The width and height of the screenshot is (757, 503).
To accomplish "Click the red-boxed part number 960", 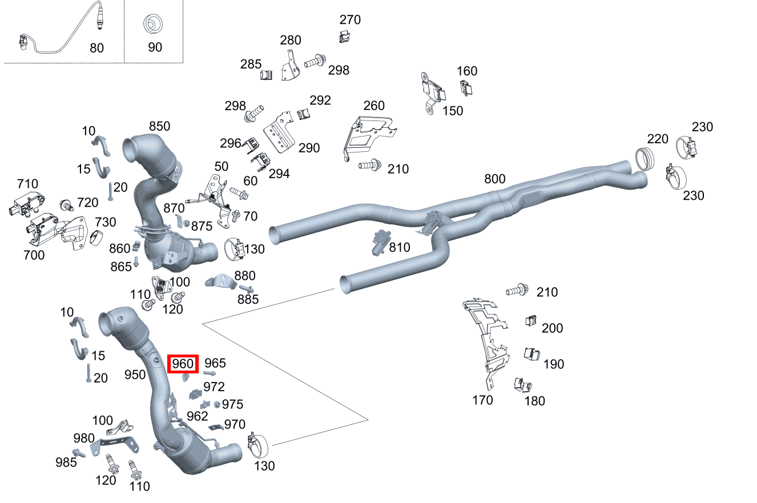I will coord(183,363).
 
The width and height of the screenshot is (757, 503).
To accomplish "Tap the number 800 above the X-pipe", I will coord(494,179).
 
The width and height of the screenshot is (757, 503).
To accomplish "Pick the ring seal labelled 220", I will coord(644,158).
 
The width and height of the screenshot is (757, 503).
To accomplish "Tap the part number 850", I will coord(160,126).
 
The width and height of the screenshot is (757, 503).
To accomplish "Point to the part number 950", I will coord(135,375).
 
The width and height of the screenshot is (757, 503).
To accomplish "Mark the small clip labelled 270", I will coord(344,38).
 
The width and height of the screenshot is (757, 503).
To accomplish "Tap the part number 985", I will coord(66,462).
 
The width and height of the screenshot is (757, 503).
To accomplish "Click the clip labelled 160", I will coord(466,88).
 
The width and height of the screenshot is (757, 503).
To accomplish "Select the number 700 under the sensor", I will coord(34,255).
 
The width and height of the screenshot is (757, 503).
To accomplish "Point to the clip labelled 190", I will coord(531,354).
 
